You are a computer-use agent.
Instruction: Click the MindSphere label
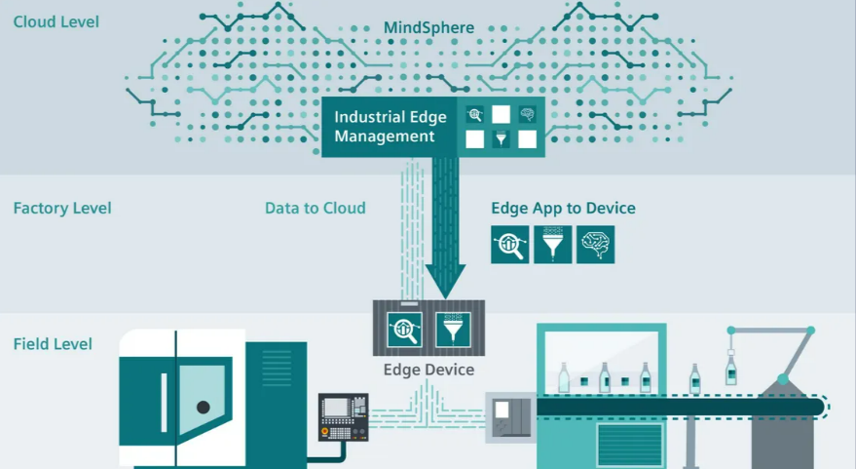pos(428,27)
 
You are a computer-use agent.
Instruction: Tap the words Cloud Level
pos(56,21)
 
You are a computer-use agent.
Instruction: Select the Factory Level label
pos(62,208)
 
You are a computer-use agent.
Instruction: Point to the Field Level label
pos(54,344)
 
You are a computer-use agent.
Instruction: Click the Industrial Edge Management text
pos(391,127)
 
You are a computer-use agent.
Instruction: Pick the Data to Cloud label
pos(316,208)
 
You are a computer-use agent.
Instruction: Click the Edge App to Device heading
pos(563,208)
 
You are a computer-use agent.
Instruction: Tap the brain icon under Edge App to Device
pos(595,245)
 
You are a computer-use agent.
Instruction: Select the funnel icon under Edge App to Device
pos(552,245)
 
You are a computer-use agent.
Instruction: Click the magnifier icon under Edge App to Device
pos(509,245)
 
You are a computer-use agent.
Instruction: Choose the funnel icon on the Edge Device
pos(453,328)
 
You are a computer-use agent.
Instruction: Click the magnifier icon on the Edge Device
pos(404,328)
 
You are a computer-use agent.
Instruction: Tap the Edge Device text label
pos(428,370)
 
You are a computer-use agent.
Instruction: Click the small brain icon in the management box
pos(527,114)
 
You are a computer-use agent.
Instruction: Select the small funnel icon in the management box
pos(501,139)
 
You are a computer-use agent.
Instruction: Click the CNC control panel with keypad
pos(343,416)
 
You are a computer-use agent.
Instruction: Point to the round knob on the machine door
pos(203,407)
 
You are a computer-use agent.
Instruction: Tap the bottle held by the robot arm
pos(730,371)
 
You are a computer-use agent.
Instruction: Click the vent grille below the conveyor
pos(629,444)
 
